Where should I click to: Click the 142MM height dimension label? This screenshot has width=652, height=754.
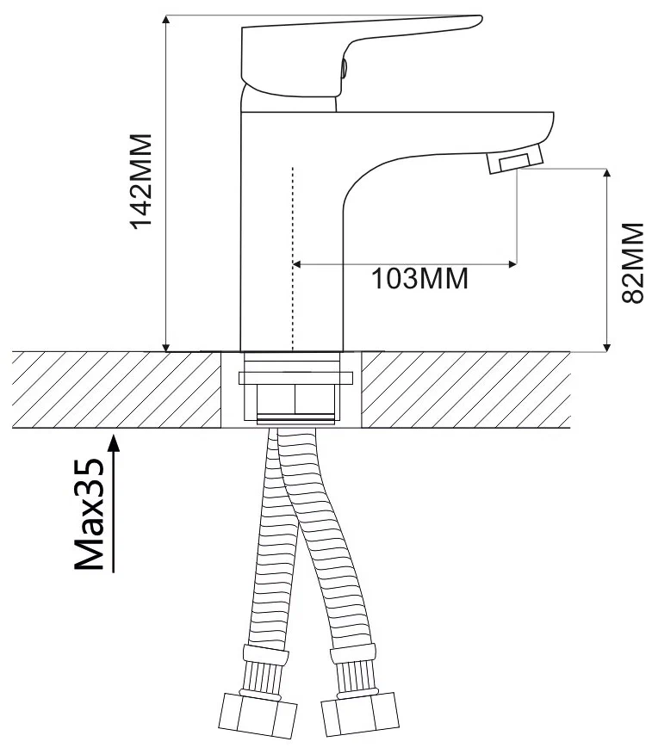141,182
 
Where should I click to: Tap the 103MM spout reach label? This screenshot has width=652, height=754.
419,278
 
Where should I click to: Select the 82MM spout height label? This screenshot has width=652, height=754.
632,263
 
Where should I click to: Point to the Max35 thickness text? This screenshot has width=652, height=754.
89,514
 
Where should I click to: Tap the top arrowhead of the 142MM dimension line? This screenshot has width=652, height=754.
165,20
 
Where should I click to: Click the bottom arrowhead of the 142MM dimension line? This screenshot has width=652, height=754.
165,346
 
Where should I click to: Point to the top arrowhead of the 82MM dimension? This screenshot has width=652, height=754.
607,174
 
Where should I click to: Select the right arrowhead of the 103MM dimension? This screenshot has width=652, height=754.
512,264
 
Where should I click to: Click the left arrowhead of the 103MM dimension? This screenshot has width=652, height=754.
298,264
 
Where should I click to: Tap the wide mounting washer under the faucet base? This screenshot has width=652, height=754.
296,378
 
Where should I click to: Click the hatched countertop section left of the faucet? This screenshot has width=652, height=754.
116,390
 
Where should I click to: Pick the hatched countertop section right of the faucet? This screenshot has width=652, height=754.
466,390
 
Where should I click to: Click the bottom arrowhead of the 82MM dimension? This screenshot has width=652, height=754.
607,346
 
